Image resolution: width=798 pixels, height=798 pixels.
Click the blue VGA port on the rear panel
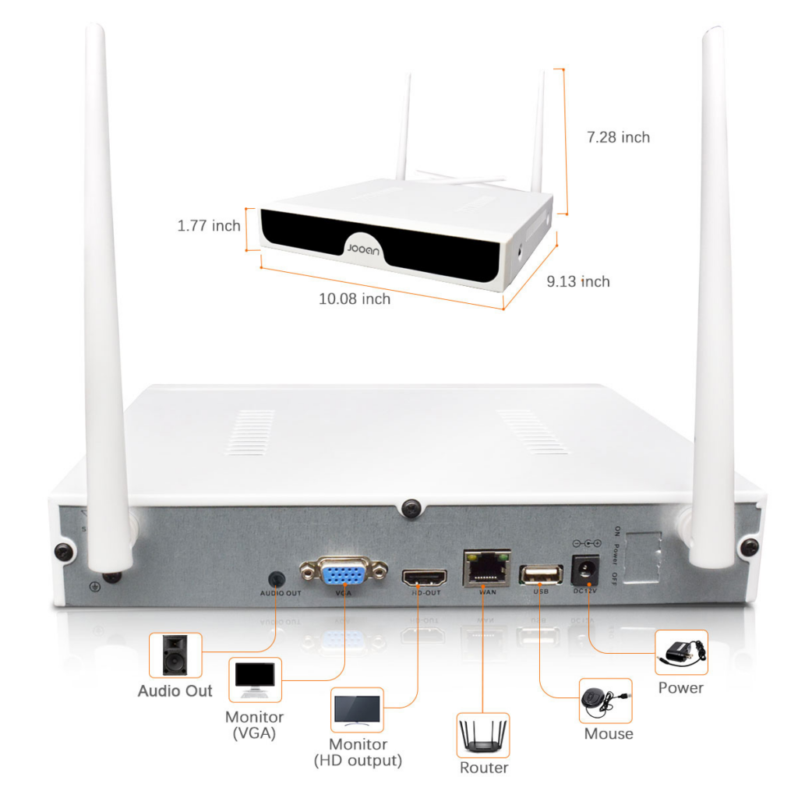pos(343,575)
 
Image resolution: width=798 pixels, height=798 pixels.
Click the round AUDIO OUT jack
pos(276,579)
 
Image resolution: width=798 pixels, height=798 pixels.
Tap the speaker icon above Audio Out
pos(175,655)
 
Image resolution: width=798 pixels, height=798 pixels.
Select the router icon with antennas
pos(482,734)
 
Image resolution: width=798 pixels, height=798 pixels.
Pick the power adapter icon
pos(681,651)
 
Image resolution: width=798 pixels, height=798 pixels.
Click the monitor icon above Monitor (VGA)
pos(256,680)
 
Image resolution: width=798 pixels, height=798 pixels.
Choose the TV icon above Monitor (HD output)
pos(358,709)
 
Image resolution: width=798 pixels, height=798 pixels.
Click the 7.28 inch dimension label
pos(618,137)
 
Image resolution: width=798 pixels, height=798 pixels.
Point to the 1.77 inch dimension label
pos(209,226)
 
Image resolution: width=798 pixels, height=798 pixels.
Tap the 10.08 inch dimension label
pos(355,298)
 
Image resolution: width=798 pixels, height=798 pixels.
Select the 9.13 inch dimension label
pos(578,281)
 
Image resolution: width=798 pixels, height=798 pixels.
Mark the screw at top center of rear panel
pos(411,508)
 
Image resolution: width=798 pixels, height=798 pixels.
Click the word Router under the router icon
pos(483,768)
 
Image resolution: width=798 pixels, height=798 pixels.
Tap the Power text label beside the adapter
pos(680,687)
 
